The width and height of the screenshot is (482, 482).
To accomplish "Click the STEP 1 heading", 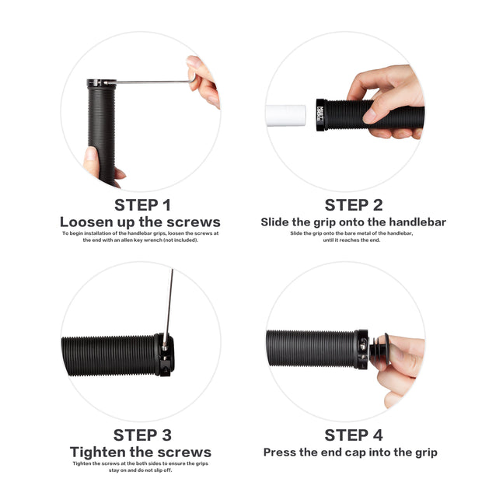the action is pyautogui.click(x=142, y=205).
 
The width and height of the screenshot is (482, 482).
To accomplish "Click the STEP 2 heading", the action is pyautogui.click(x=354, y=205).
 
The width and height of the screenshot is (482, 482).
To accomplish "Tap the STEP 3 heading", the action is pyautogui.click(x=142, y=435).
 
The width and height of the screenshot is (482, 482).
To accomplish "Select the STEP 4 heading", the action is pyautogui.click(x=354, y=435).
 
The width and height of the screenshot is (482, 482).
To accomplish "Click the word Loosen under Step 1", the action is pyautogui.click(x=82, y=222).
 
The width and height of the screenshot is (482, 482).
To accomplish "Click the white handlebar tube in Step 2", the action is pyautogui.click(x=286, y=116).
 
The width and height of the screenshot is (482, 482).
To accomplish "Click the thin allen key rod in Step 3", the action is pyautogui.click(x=169, y=307).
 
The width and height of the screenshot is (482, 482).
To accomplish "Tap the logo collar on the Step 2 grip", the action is pyautogui.click(x=320, y=114).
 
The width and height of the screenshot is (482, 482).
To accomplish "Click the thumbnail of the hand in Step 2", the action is pyautogui.click(x=369, y=116).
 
